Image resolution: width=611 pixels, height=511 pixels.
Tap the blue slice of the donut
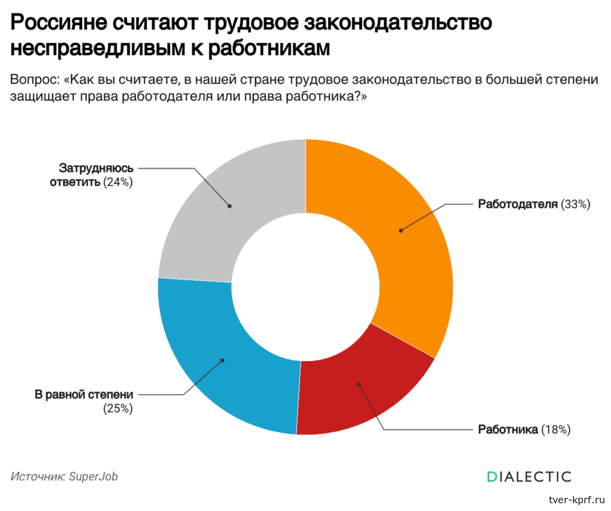tap(218, 362)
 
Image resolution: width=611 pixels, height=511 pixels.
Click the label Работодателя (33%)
tap(534, 204)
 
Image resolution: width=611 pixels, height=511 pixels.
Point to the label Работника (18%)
tap(524, 430)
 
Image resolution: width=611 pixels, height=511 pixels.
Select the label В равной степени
tap(84, 395)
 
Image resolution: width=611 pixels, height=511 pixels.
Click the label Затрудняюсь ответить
tap(91, 175)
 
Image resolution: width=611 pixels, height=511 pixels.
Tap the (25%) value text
tap(118, 408)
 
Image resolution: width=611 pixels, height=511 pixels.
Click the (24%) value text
tap(118, 182)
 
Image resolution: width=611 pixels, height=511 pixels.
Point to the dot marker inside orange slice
tap(401, 230)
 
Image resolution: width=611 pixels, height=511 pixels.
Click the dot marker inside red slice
tap(359, 384)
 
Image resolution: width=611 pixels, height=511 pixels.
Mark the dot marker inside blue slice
tap(223, 360)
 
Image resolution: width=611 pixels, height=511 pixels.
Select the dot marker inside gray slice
tap(230, 206)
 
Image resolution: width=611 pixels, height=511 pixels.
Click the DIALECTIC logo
tap(529, 477)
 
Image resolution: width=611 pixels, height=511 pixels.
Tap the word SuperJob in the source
tap(93, 477)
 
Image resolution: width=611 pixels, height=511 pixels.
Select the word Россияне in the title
tap(58, 23)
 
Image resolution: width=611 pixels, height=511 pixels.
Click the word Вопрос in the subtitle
tap(34, 79)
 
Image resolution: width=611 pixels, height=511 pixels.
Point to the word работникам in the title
tap(269, 48)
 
